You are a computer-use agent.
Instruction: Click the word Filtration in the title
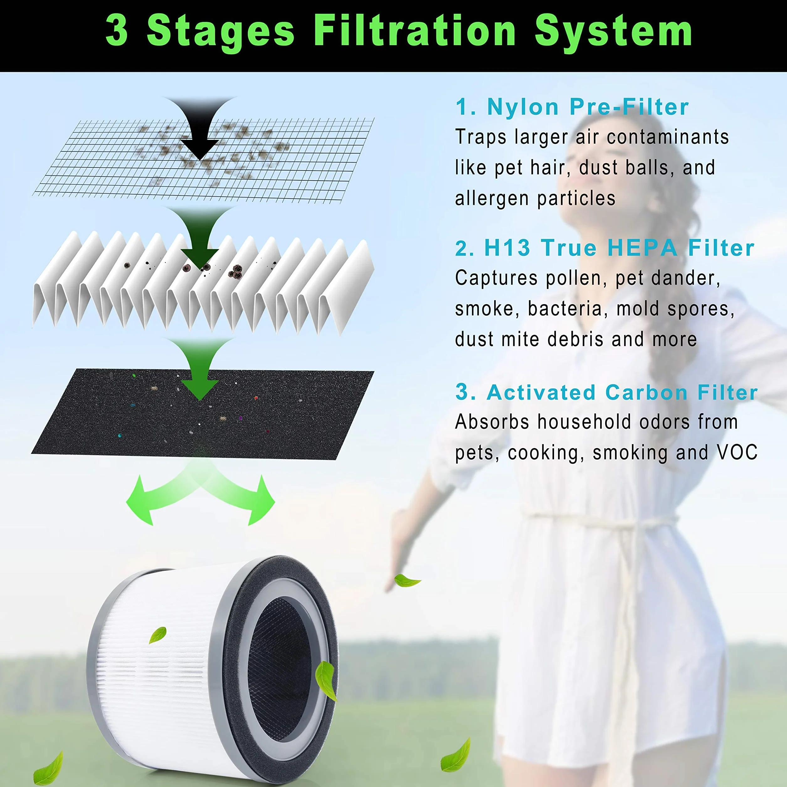click(415, 30)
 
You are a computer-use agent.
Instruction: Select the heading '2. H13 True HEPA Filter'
click(605, 248)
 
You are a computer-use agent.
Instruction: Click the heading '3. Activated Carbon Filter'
click(606, 392)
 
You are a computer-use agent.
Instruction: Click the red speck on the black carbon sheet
click(256, 398)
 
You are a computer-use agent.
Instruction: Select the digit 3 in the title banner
click(117, 30)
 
